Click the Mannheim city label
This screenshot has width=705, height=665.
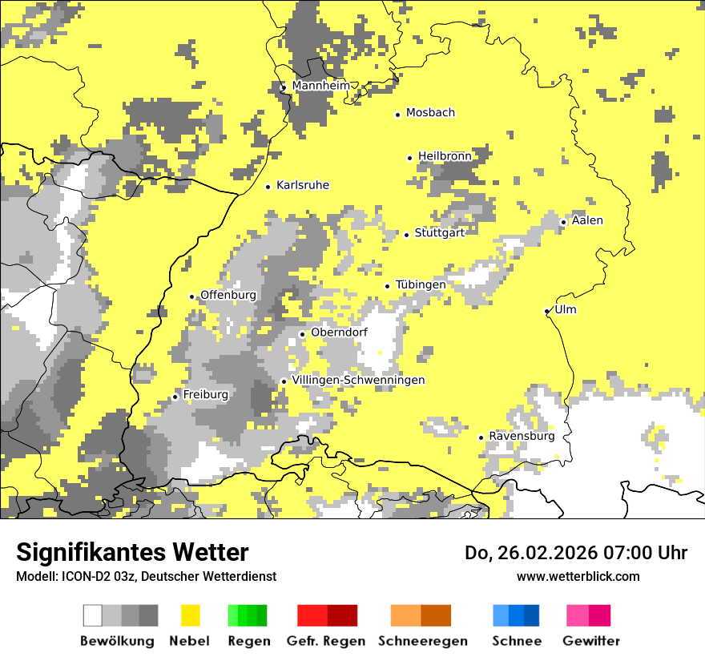[321, 86]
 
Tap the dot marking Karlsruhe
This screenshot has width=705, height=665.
[268, 187]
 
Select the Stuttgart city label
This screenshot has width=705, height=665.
[440, 233]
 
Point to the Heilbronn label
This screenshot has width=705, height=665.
[445, 156]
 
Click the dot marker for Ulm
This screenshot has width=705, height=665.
[546, 311]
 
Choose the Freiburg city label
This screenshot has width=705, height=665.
[205, 395]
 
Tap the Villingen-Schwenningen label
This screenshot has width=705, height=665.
[358, 380]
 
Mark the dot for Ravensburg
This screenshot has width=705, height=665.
[481, 437]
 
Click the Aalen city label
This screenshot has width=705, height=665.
[587, 220]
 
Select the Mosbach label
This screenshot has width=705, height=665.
[430, 113]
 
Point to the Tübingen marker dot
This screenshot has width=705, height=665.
[388, 286]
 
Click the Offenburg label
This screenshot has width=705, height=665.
[228, 295]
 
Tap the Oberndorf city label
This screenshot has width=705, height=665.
[339, 332]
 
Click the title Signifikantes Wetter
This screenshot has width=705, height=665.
[132, 552]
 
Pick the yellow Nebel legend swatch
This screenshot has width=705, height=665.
[191, 615]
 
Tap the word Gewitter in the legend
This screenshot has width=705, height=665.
[591, 641]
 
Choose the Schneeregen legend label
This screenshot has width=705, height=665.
[423, 641]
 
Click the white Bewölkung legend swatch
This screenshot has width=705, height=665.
[93, 615]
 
